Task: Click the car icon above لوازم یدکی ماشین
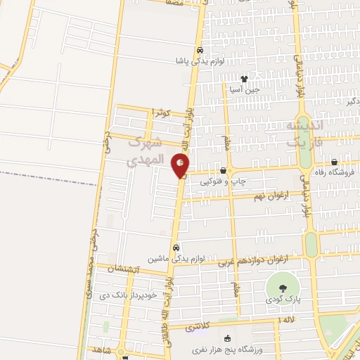pyautogui.click(x=176, y=247)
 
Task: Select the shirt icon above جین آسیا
pyautogui.click(x=244, y=79)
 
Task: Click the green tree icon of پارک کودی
pyautogui.click(x=283, y=287)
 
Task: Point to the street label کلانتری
pyautogui.click(x=203, y=328)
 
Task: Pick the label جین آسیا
pyautogui.click(x=244, y=89)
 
